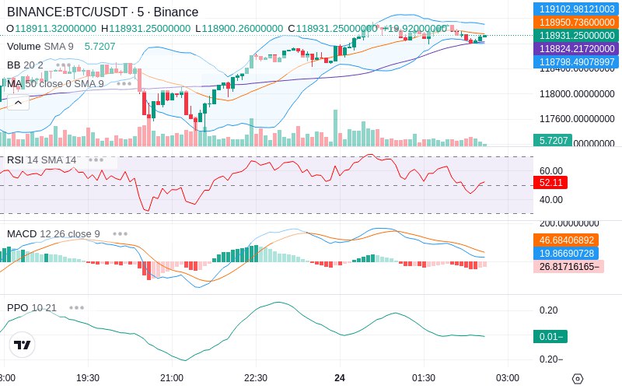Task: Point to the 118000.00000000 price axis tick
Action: (576, 94)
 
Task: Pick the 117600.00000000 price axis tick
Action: (576, 119)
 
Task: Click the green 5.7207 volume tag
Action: (553, 141)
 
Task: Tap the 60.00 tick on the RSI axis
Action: (551, 171)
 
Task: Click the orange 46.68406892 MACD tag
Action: (567, 240)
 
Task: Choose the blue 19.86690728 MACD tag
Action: (567, 254)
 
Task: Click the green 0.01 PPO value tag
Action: (550, 337)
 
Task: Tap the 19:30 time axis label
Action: (88, 378)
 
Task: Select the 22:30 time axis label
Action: (256, 378)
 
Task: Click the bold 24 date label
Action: (340, 378)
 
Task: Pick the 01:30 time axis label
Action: (424, 378)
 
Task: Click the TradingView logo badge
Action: (23, 345)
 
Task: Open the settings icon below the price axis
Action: (578, 379)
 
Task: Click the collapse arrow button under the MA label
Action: (19, 102)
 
